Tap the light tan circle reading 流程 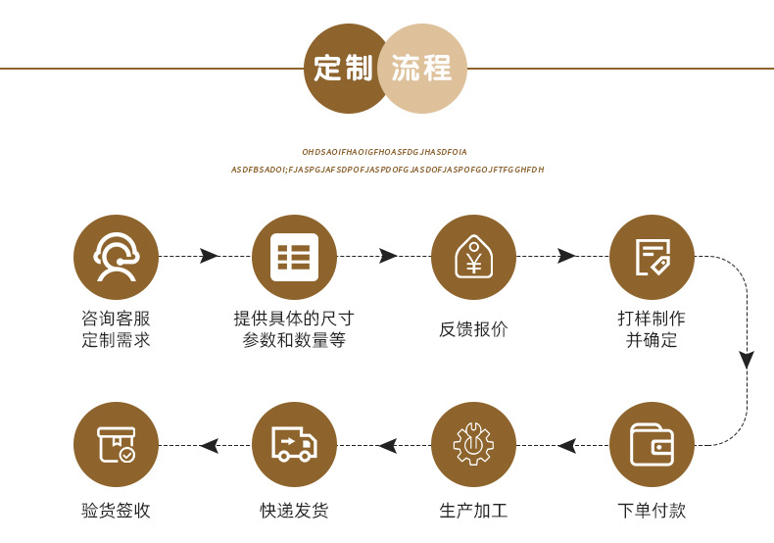point(421,69)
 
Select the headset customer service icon point(116,257)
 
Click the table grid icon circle point(294,257)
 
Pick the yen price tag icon point(473,257)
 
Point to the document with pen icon point(652,257)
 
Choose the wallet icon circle point(652,445)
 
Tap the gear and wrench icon point(473,445)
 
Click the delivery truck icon point(294,445)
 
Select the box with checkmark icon point(116,445)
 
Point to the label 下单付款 point(652,511)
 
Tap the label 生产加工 point(473,511)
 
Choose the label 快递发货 point(294,511)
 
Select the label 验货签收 point(116,511)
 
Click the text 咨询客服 point(116,319)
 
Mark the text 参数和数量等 point(294,341)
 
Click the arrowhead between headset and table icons point(209,256)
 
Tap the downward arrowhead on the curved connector point(747,360)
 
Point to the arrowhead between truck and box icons point(209,445)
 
